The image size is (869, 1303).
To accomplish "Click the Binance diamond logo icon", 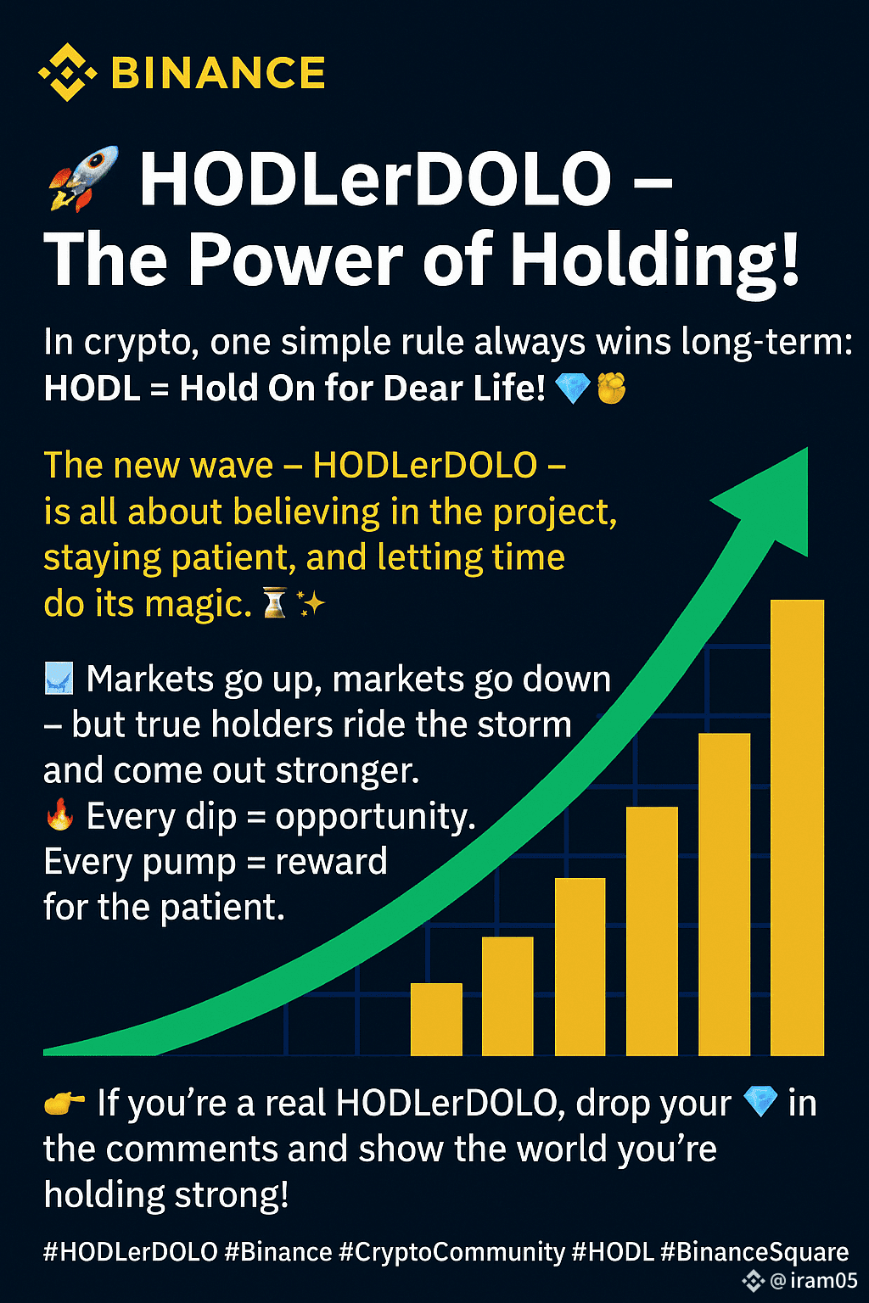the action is pos(68,72).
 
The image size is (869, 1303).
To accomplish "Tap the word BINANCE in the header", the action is pos(218,73).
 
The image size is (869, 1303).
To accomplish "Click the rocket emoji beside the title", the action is pos(82,177).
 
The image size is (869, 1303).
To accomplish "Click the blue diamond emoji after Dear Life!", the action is pos(573,389).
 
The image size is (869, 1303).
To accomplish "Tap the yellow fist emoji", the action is pos(611,388).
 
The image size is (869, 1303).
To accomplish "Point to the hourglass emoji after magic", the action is pos(275,602).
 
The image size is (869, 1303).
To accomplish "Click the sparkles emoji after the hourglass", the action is pos(311,602).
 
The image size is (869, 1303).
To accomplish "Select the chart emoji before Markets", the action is pos(59,679).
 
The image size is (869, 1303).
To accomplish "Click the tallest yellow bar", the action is pos(797,827).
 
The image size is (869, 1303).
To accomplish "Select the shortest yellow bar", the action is pos(436,1019).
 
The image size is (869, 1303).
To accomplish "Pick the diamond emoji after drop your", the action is pos(760,1102).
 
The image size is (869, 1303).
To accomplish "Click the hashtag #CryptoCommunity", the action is pos(451,1252).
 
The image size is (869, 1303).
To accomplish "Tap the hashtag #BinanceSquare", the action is pos(755,1252).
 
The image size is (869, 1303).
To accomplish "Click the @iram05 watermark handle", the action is pos(814,1280).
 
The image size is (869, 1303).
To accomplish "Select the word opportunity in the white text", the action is pos(375,818).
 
